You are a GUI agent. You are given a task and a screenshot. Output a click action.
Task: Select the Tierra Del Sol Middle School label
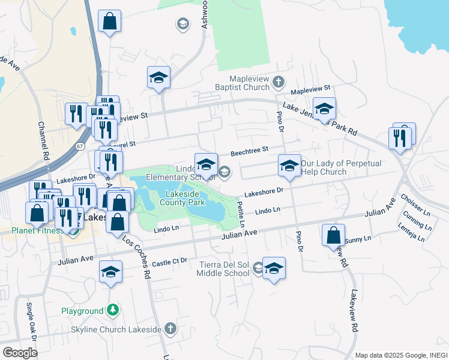pos(223,269)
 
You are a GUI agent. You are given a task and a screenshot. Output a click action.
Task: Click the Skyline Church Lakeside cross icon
pos(170,328)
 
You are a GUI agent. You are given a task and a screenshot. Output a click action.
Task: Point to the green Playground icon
pos(112,311)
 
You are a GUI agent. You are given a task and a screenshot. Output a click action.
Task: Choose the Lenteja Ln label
pos(411,233)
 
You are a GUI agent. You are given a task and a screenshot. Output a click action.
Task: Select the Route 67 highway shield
pos(80,146)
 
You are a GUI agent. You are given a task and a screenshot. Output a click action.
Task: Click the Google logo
pos(20,352)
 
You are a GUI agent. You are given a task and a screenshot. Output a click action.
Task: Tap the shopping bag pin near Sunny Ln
pos(333,235)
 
